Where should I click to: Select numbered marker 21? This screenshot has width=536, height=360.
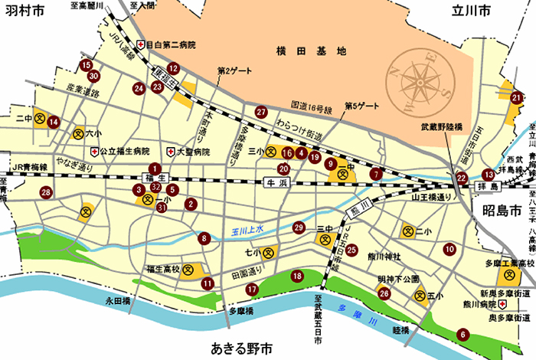[x=517, y=97]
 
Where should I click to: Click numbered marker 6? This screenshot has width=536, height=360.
[x=462, y=334]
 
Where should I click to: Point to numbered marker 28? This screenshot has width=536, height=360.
[x=47, y=192]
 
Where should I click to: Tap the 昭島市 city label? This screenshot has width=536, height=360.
[x=502, y=209]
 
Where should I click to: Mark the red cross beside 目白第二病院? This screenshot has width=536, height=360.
[x=140, y=45]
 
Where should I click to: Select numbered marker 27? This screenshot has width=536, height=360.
[x=261, y=111]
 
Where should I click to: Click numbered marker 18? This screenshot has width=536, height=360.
[x=297, y=276]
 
